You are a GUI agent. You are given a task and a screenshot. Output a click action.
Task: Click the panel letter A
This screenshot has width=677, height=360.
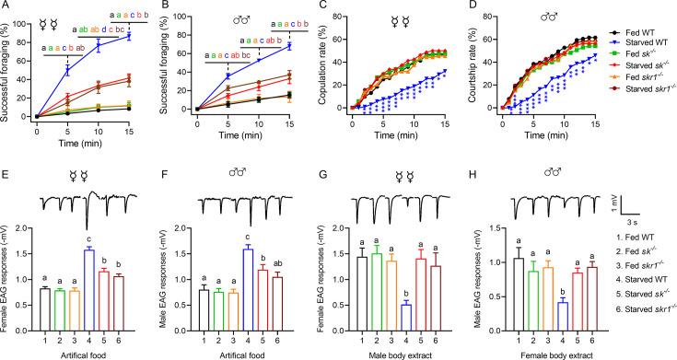point(6,6)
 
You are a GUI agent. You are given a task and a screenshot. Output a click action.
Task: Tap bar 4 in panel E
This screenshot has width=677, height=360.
point(88,276)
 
